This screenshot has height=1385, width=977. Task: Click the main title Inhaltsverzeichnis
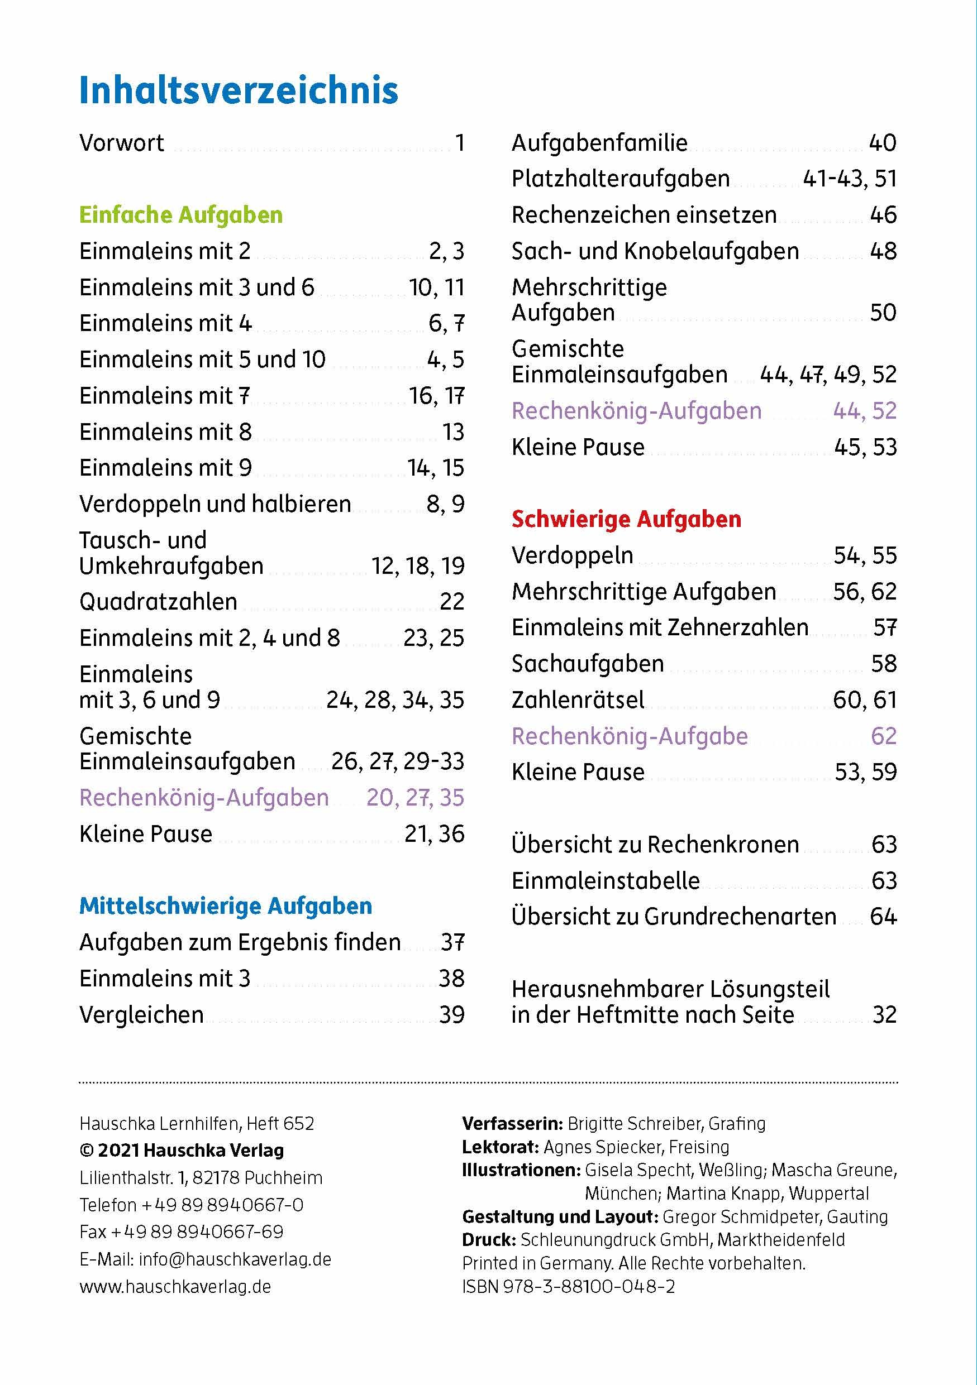(x=239, y=90)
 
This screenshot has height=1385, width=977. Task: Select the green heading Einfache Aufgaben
(x=181, y=215)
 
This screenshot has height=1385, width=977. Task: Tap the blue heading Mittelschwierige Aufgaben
(x=226, y=905)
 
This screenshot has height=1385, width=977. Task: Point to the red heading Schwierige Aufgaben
(x=626, y=519)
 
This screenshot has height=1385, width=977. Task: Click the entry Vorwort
(x=121, y=143)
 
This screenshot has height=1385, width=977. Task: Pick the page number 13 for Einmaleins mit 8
(x=452, y=432)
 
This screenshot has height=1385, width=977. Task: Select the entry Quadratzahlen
(x=158, y=601)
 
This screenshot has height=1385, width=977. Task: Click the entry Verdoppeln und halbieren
(x=215, y=504)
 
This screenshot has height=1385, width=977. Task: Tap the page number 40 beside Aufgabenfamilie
(x=882, y=143)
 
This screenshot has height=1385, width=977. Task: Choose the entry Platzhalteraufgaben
(x=621, y=179)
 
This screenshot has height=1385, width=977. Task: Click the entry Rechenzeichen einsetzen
(x=644, y=215)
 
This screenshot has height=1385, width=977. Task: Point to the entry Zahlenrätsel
(x=578, y=699)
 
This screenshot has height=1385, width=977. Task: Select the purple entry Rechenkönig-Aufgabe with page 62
(x=630, y=736)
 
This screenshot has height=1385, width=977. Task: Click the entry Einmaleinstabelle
(x=606, y=881)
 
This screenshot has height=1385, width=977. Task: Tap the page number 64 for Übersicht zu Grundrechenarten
(x=883, y=916)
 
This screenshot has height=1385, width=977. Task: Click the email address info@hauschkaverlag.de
(x=235, y=1259)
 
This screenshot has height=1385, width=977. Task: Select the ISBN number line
(x=569, y=1287)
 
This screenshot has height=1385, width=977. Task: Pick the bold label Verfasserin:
(x=512, y=1123)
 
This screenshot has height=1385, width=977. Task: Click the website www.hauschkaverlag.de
(x=175, y=1287)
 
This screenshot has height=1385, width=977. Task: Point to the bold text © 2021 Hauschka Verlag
(x=182, y=1151)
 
